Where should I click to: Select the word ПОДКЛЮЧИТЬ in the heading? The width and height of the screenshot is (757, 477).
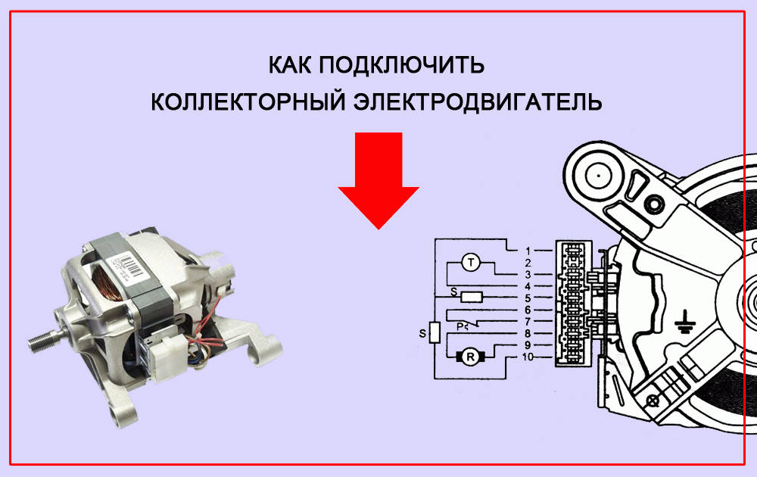[x=401, y=65]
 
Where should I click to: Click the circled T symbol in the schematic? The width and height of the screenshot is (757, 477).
[x=471, y=263]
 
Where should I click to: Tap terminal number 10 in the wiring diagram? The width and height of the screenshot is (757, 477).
[x=531, y=357]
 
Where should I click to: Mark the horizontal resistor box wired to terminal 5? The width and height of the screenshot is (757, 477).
[x=472, y=297]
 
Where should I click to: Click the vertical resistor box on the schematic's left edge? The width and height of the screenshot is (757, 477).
[x=435, y=332]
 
